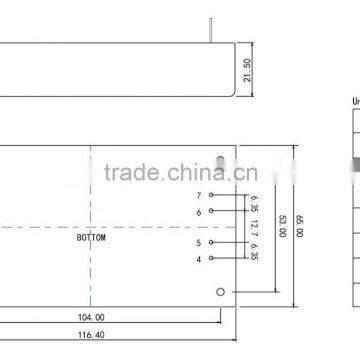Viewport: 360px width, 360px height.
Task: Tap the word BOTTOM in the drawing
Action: (x=91, y=239)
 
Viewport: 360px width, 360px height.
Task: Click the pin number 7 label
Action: (x=199, y=195)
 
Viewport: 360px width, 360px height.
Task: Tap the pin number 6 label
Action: (x=199, y=212)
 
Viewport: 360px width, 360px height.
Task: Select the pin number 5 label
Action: (x=199, y=243)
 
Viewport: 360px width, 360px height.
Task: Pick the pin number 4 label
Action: (x=199, y=260)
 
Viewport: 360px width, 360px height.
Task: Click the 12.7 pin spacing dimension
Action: (x=255, y=227)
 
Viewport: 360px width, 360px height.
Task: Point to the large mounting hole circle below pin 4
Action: (x=221, y=292)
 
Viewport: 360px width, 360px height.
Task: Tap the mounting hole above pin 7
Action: (x=221, y=160)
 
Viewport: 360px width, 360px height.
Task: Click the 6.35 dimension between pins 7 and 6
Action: (x=255, y=203)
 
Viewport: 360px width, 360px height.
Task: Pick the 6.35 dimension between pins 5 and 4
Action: (x=255, y=251)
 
